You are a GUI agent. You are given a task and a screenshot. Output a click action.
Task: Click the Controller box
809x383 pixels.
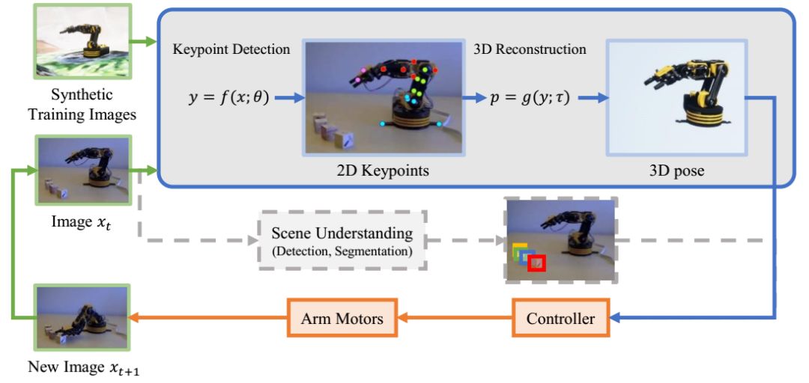[x=561, y=319]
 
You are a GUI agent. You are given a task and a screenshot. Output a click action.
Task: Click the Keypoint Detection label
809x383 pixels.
[x=231, y=50]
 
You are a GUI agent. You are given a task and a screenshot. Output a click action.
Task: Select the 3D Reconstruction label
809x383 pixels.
[x=530, y=50]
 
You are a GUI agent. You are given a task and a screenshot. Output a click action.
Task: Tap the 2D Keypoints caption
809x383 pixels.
[x=383, y=171]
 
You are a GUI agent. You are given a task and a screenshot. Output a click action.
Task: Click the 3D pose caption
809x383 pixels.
[x=676, y=171]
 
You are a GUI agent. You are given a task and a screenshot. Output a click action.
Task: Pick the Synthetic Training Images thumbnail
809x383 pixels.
[x=72, y=41]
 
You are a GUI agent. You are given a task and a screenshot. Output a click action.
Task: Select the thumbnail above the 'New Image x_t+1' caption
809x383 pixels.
[x=72, y=318]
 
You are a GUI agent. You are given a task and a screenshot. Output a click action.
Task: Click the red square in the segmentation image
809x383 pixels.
[x=536, y=263]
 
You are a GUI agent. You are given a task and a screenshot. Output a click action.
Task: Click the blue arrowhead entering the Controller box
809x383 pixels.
[x=616, y=319]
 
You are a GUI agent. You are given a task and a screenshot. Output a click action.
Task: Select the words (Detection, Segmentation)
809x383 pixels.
[x=342, y=252]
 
